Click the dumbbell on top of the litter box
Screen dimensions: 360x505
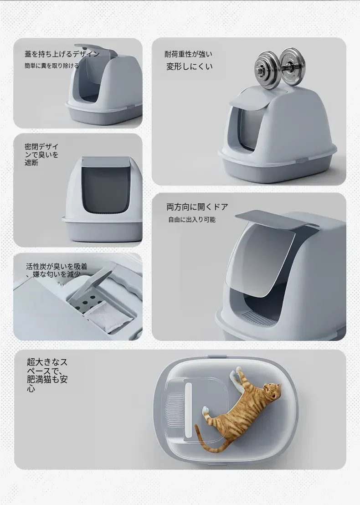(x=279, y=67)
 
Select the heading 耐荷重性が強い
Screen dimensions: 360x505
(x=188, y=54)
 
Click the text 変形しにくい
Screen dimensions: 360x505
(x=189, y=67)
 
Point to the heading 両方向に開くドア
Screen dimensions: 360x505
(x=197, y=207)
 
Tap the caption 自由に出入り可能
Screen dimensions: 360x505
(x=191, y=220)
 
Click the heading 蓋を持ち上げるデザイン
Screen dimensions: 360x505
(x=62, y=54)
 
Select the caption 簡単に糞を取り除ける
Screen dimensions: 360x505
(x=51, y=66)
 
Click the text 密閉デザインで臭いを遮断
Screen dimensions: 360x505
(x=41, y=155)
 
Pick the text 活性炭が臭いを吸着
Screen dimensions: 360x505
(x=57, y=267)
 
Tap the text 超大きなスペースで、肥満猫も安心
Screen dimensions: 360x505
(x=47, y=375)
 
